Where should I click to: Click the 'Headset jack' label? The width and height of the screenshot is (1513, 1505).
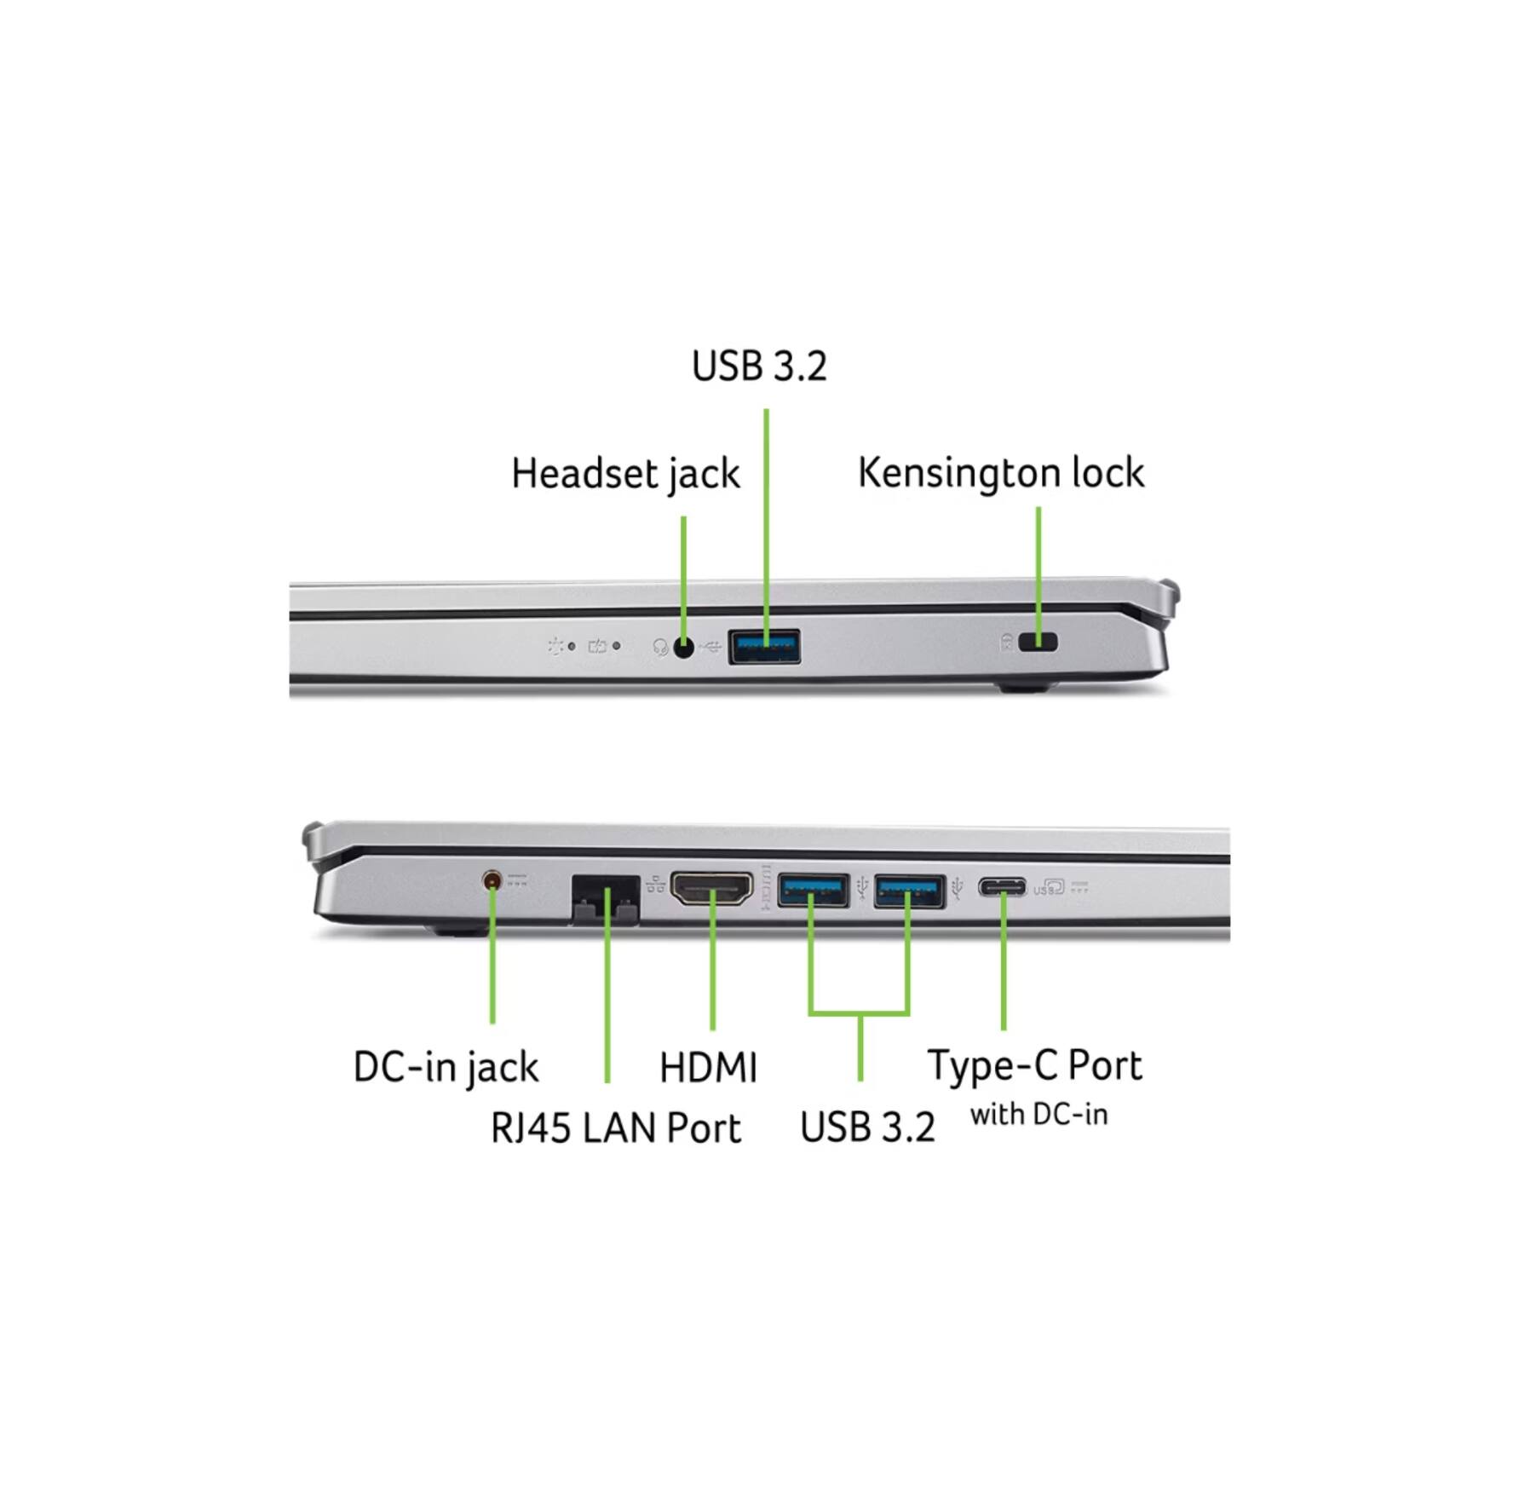tap(624, 474)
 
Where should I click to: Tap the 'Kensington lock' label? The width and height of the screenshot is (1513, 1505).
tap(1000, 473)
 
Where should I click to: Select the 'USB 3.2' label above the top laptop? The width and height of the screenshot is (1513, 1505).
tap(758, 366)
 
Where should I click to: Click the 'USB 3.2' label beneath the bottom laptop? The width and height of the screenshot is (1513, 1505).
tap(866, 1127)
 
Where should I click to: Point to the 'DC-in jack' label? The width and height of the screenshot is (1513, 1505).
tap(446, 1067)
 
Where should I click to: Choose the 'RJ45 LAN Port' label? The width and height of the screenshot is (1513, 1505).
tap(615, 1128)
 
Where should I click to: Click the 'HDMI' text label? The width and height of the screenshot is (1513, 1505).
tap(708, 1068)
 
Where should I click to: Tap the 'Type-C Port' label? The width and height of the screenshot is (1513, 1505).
tap(1034, 1065)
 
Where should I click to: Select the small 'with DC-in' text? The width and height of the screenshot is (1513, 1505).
tap(1038, 1114)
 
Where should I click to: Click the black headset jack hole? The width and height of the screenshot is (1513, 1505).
tap(683, 648)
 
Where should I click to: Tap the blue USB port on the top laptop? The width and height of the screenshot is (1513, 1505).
tap(764, 646)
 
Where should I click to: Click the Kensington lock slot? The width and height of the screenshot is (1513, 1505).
tap(1038, 642)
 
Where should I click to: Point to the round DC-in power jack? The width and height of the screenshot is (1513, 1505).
tap(492, 880)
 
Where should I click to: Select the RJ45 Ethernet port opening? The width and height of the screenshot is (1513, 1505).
tap(605, 898)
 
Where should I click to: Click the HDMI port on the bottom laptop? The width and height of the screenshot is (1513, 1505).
tap(711, 889)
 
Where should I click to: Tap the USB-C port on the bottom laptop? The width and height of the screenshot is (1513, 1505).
tap(1002, 888)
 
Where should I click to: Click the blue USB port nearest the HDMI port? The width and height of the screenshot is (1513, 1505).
tap(813, 891)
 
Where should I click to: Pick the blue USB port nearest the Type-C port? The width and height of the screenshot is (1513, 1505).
tap(909, 891)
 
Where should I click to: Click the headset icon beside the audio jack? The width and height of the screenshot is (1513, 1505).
tap(659, 648)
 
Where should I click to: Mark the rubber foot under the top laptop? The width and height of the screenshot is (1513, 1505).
tap(1024, 685)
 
